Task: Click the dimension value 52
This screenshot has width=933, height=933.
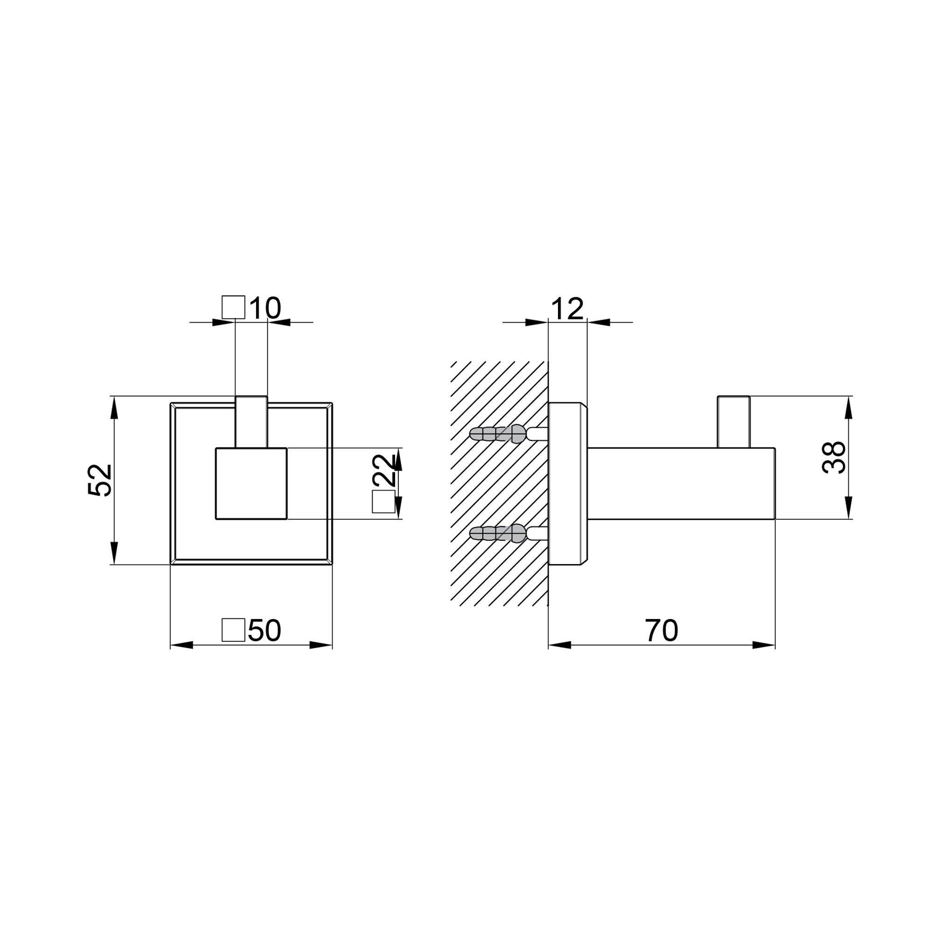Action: [100, 480]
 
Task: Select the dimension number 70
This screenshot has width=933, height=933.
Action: [661, 630]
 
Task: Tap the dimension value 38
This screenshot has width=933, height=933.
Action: [834, 457]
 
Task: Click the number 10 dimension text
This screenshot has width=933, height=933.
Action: [265, 307]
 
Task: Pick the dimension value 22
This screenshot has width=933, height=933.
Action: [384, 470]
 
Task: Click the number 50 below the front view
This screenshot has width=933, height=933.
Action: [264, 630]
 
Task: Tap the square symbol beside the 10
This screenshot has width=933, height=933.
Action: [233, 307]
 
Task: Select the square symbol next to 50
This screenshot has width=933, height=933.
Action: [233, 630]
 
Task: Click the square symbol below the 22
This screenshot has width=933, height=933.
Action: [384, 502]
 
